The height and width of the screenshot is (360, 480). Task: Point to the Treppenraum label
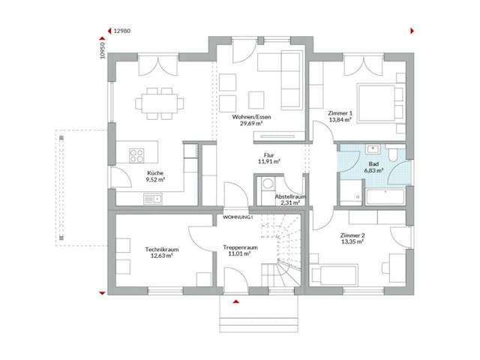click(x=241, y=250)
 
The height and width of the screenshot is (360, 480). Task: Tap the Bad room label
click(x=373, y=166)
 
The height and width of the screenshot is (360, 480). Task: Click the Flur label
click(x=268, y=157)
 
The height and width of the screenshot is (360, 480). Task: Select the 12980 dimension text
click(x=121, y=31)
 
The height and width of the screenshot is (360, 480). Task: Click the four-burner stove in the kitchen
click(x=137, y=156)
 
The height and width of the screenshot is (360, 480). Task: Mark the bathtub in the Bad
click(x=384, y=197)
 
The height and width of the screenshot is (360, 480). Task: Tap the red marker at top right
click(x=412, y=31)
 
